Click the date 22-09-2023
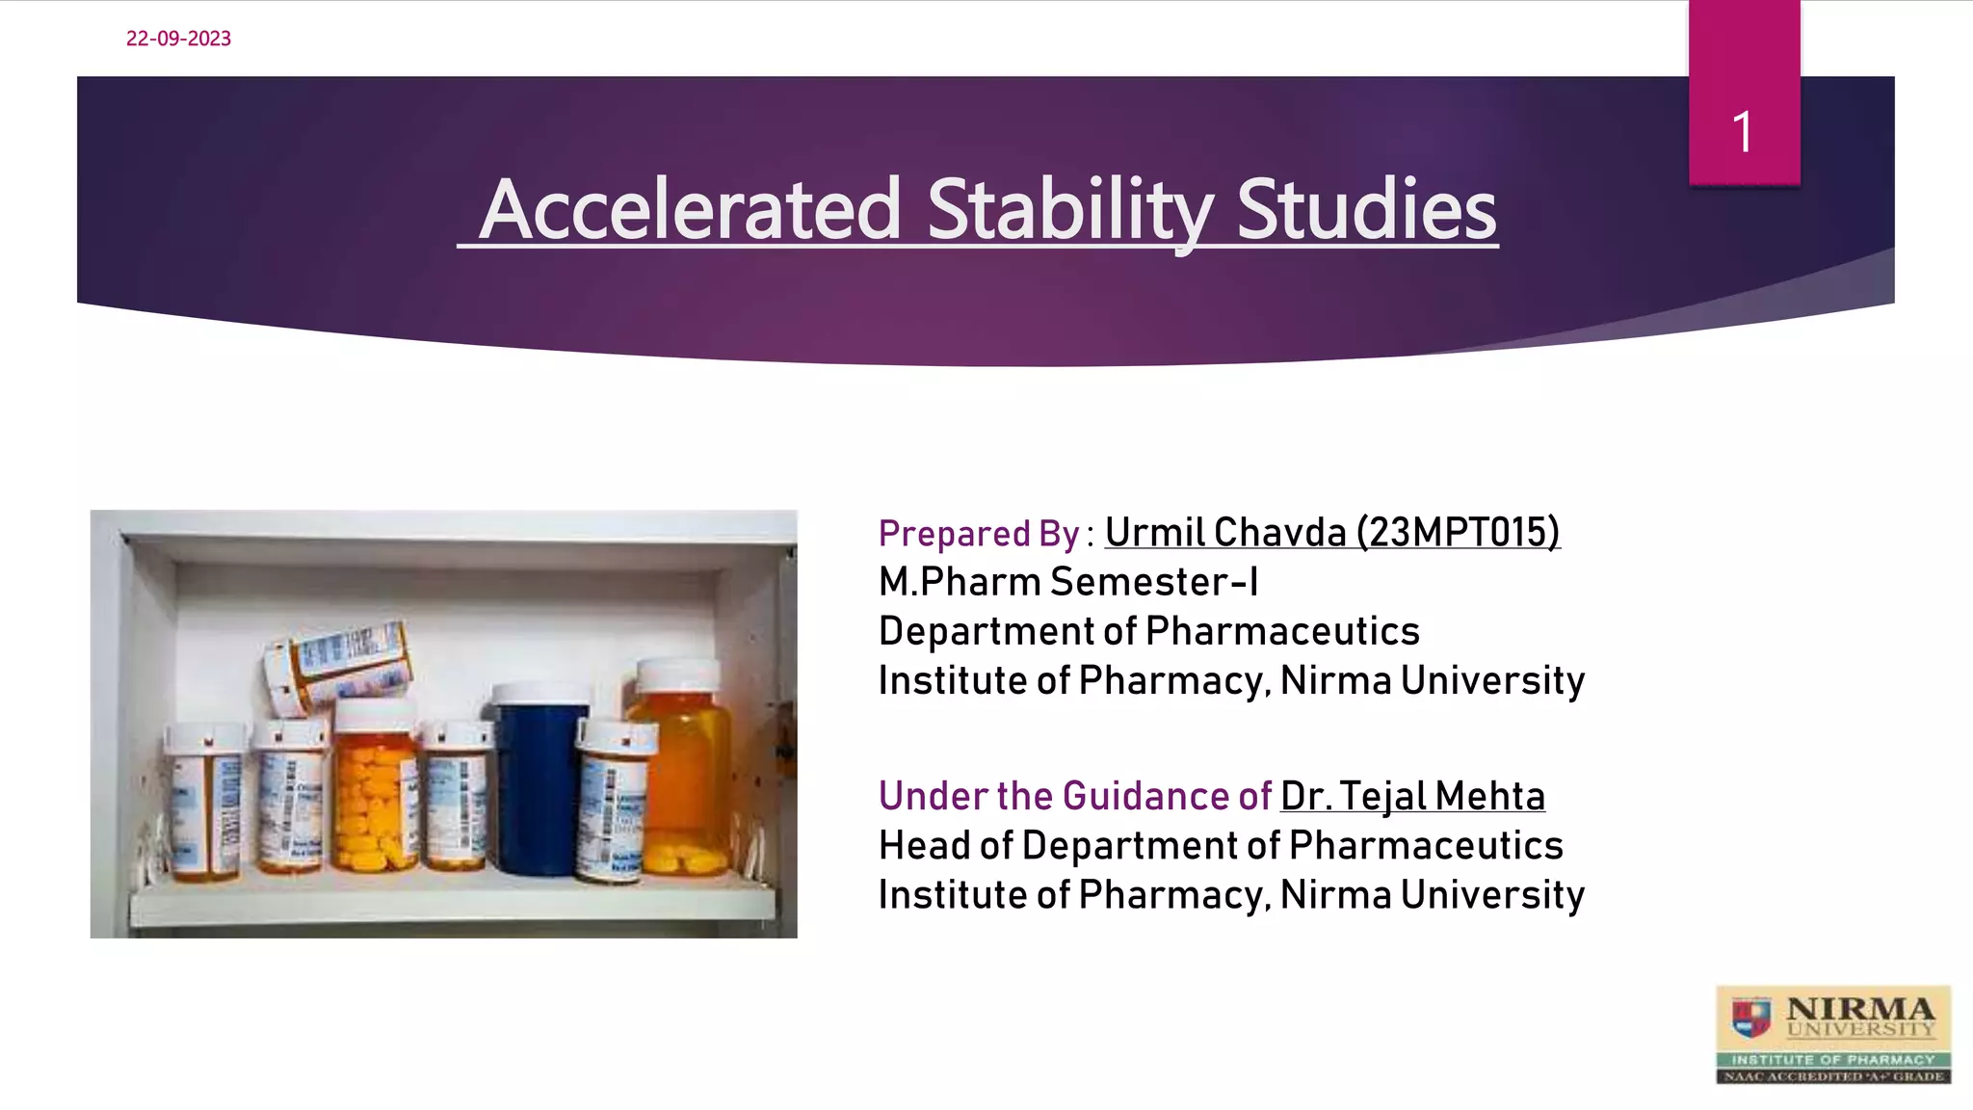178,39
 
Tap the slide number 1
1742,132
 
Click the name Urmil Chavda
1224,533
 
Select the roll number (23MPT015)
1458,533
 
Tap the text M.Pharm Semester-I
1067,582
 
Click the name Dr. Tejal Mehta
1412,797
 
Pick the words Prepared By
979,534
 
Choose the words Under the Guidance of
1074,797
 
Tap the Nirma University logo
1832,1034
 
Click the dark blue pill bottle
539,780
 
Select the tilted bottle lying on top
338,665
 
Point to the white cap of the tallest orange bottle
678,674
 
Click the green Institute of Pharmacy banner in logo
1832,1059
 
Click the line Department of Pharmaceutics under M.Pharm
1148,632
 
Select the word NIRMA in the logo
1859,1009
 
